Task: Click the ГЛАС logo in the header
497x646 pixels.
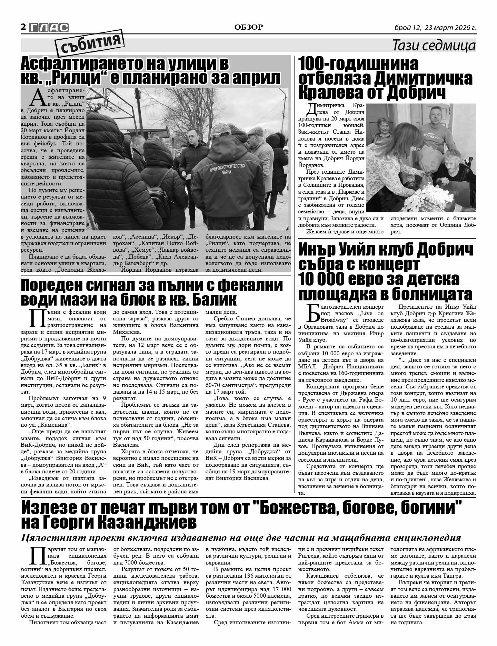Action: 49,27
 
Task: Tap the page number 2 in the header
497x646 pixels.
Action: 23,27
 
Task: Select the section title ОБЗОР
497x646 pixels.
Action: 248,27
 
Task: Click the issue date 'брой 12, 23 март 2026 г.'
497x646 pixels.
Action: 435,28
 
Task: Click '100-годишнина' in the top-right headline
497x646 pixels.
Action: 358,64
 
